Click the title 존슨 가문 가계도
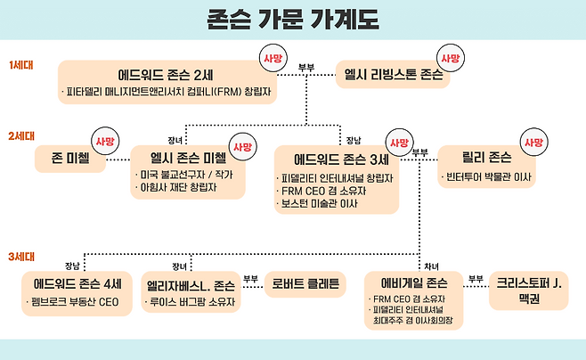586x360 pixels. (293, 19)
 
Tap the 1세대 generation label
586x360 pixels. (21, 65)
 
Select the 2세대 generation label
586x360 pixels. (21, 136)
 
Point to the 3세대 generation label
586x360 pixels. (21, 257)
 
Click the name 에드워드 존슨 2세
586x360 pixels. (168, 74)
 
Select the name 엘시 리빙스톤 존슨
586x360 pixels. (394, 75)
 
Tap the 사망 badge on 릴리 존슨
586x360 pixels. (533, 142)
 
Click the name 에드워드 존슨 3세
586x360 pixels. (342, 160)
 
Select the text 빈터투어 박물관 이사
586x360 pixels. (489, 178)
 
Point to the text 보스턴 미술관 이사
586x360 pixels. (317, 204)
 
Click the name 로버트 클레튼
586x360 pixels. (303, 285)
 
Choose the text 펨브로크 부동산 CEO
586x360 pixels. (77, 303)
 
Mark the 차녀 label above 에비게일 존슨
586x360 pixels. (432, 266)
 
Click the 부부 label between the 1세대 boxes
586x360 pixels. (306, 66)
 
